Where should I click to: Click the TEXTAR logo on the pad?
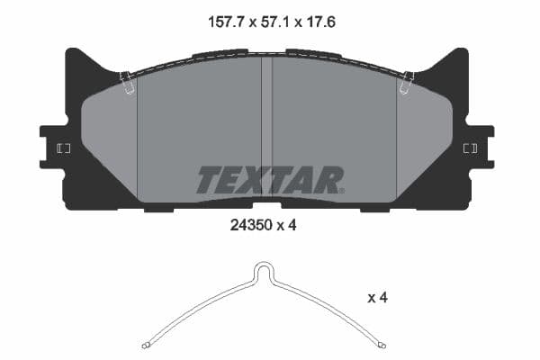(269, 180)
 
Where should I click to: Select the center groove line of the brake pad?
(267, 126)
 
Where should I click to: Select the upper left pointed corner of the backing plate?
(70, 52)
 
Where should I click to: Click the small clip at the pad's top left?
(128, 83)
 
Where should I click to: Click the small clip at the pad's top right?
(407, 83)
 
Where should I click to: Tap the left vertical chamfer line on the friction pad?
(137, 144)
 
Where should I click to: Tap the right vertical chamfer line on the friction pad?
(397, 144)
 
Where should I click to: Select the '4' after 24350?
(292, 226)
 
